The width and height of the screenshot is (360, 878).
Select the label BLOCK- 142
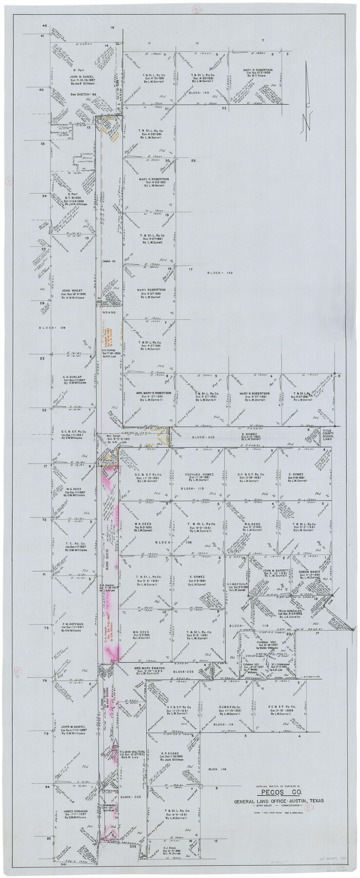220,273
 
